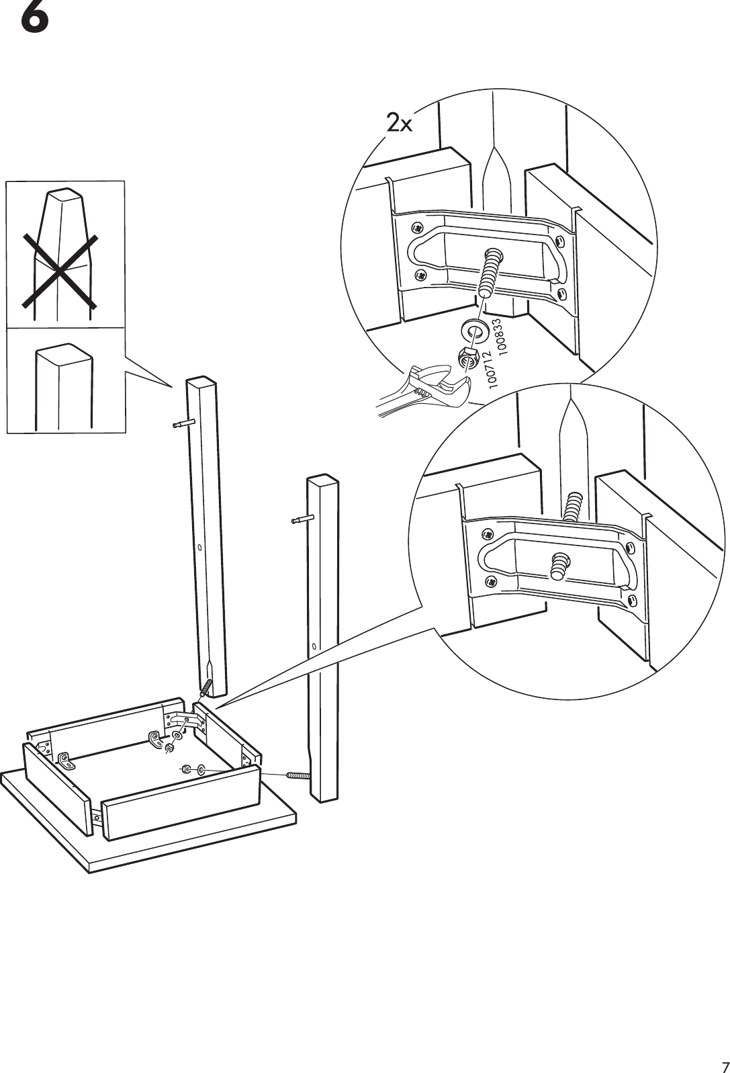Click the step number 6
pyautogui.click(x=34, y=18)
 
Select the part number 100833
pyautogui.click(x=503, y=336)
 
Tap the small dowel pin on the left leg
pyautogui.click(x=183, y=423)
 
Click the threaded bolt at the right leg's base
pyautogui.click(x=298, y=775)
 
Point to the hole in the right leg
pyautogui.click(x=316, y=648)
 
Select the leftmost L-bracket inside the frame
pyautogui.click(x=66, y=761)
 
